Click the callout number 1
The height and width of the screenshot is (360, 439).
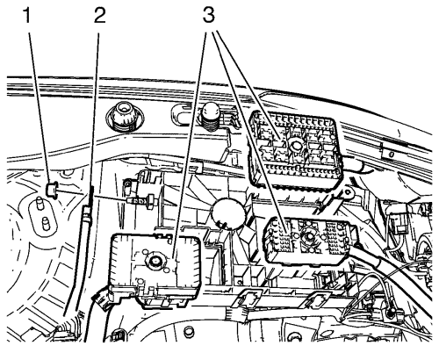coord(27,16)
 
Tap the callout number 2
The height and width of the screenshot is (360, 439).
coord(100,16)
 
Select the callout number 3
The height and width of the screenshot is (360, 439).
coord(209,16)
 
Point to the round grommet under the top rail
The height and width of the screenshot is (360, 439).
coord(125,118)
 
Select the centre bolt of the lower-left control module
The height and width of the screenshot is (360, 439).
coord(154,261)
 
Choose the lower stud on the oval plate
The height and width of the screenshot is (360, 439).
coord(45,225)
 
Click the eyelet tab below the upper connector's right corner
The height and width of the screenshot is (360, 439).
coord(348,192)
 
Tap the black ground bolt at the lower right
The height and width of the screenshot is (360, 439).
coord(390,313)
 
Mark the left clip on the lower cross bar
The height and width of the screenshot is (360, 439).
coord(249,299)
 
